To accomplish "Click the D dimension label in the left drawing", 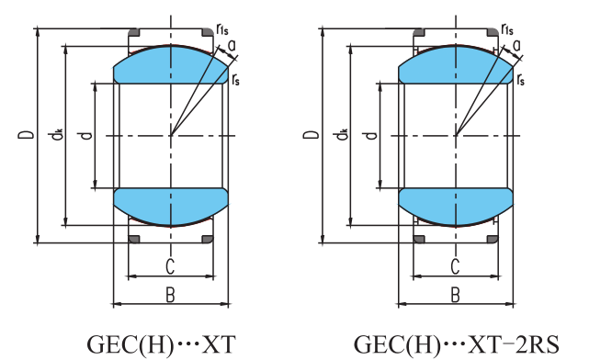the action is (26, 135).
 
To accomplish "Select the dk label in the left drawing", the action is (55, 135).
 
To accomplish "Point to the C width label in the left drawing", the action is (170, 266).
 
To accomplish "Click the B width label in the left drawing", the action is (170, 295).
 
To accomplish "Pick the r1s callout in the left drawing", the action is (222, 29).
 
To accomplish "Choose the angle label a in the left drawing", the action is (232, 46).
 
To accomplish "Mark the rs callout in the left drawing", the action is (235, 80).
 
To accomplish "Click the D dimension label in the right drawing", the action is (312, 135).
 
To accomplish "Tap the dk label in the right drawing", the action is (340, 135).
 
